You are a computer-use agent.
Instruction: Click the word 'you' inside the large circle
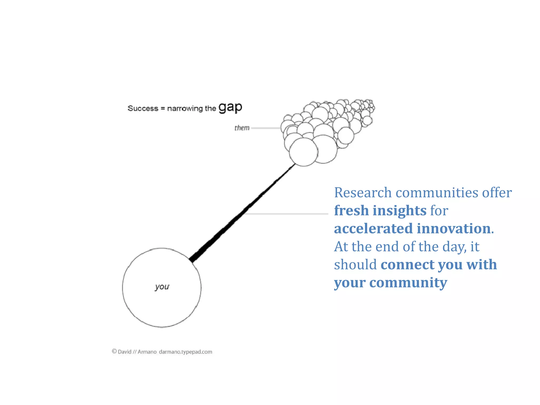162,287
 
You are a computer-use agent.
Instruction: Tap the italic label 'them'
242,128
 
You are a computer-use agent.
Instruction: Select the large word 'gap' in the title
230,107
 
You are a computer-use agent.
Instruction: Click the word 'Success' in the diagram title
143,108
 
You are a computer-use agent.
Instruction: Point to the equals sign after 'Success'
163,108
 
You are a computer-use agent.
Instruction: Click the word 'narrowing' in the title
185,108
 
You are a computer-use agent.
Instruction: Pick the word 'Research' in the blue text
363,192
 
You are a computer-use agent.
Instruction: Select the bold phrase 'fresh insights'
380,210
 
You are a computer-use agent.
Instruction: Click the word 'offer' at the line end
497,192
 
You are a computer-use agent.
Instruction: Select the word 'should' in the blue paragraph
355,264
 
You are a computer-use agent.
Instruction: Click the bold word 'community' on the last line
408,283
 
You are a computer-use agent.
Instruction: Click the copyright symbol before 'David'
114,351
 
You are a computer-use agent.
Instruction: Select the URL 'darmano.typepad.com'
185,352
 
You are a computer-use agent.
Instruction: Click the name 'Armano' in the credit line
147,352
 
